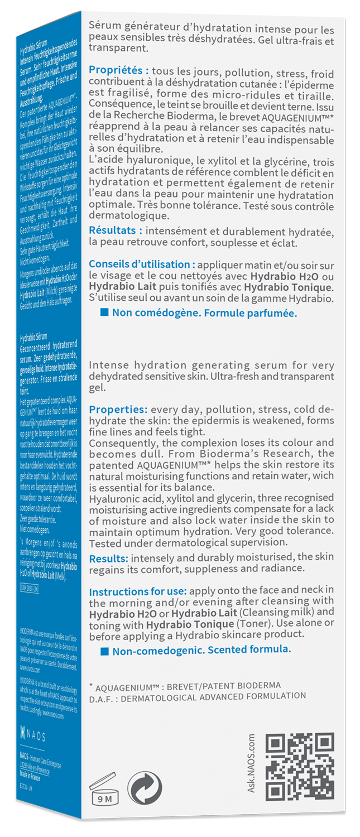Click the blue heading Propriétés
[119, 73]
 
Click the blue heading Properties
[118, 408]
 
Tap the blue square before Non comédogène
[104, 312]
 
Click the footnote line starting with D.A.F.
[198, 696]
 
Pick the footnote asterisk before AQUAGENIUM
[91, 685]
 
